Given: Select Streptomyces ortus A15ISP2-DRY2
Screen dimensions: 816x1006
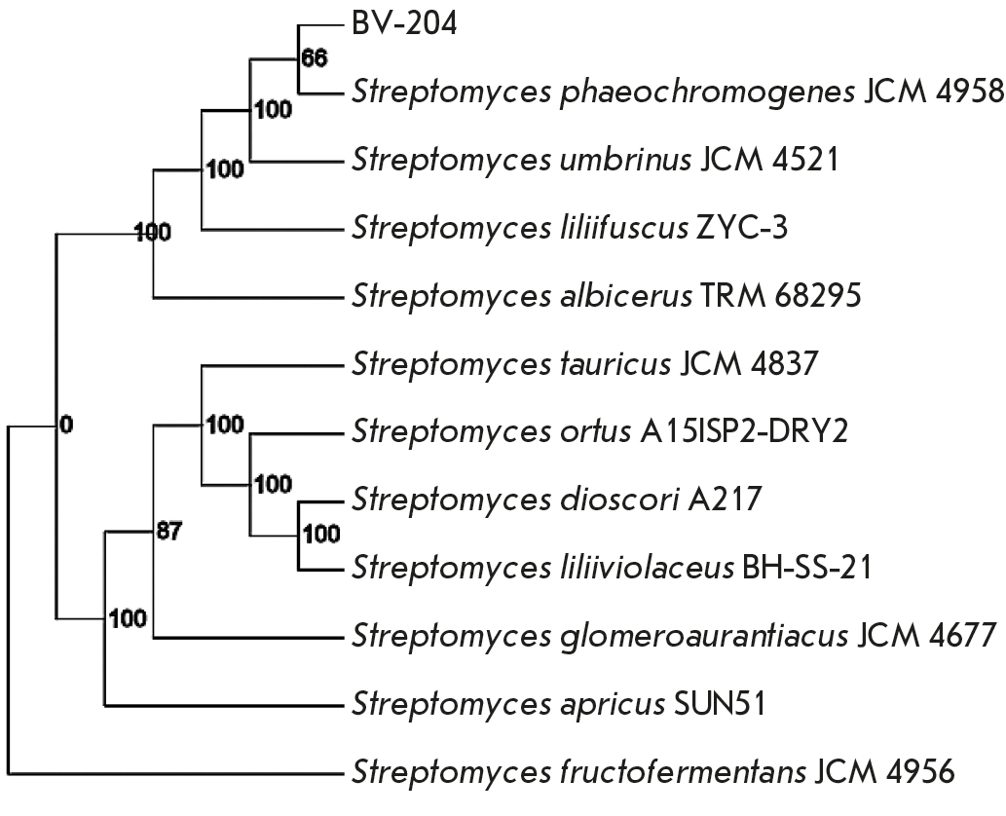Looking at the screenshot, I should (599, 431).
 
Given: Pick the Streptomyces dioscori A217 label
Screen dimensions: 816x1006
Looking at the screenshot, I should (556, 500).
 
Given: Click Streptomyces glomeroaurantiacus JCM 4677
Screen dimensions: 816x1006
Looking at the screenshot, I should (673, 637).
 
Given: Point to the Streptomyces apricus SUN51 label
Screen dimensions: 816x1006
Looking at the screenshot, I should (559, 703).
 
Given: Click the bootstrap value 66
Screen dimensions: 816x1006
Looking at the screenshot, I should (313, 56).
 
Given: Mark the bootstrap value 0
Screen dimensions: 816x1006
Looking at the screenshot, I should (65, 425).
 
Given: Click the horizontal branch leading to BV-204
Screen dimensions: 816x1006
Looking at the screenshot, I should (320, 25).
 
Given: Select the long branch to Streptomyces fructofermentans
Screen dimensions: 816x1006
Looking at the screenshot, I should (175, 775).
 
